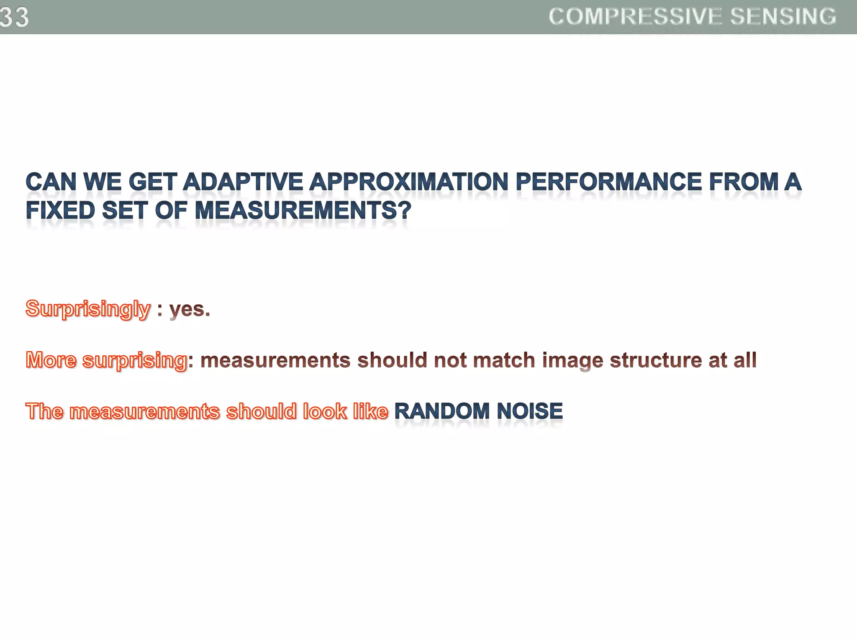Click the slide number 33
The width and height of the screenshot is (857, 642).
click(14, 17)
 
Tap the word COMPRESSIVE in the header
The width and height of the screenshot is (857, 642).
click(635, 17)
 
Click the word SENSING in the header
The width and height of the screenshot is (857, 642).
click(783, 17)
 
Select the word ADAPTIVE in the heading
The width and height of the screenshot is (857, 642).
click(243, 182)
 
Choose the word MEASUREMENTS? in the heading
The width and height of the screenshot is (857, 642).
click(303, 210)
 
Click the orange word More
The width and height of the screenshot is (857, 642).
click(51, 360)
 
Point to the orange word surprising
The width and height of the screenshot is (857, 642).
click(134, 361)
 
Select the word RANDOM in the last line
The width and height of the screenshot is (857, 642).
click(442, 411)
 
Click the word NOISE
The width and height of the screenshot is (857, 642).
click(529, 411)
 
